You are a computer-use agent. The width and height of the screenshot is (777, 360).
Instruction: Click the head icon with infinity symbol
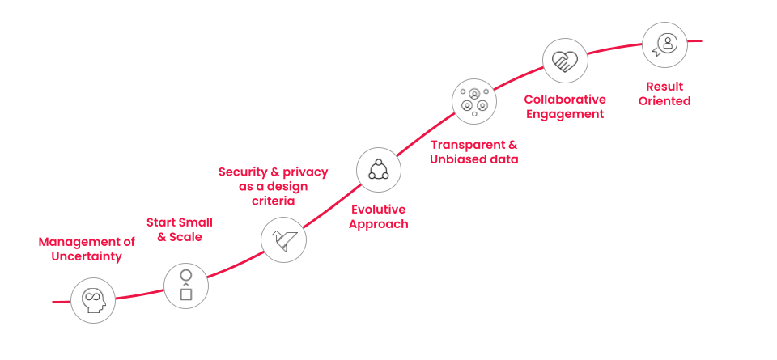click(x=93, y=301)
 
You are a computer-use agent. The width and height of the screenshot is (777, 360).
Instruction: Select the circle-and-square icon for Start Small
click(x=186, y=285)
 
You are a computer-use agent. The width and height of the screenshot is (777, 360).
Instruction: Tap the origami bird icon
click(x=283, y=239)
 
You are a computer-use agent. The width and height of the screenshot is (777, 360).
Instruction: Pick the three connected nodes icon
click(x=379, y=169)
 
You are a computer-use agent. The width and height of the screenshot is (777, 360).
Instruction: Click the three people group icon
click(x=474, y=100)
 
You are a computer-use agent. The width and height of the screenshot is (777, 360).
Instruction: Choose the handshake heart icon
click(x=565, y=61)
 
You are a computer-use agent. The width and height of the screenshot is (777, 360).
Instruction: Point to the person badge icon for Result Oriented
click(x=665, y=44)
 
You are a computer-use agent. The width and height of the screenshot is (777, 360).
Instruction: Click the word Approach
click(x=378, y=223)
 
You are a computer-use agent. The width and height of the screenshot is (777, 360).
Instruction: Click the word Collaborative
click(x=565, y=99)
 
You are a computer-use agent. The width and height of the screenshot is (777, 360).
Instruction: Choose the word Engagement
click(x=565, y=114)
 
